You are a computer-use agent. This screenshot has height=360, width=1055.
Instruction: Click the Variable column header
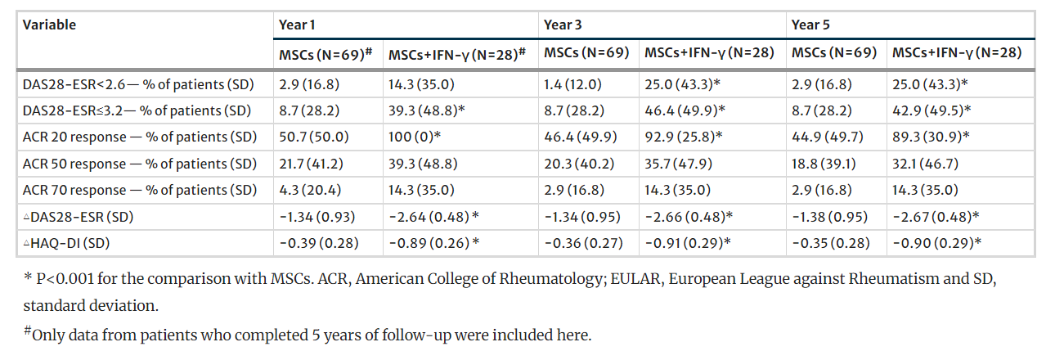[49, 25]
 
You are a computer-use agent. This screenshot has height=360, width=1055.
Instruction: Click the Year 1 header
[298, 25]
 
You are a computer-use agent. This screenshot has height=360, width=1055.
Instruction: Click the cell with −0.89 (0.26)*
[432, 242]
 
